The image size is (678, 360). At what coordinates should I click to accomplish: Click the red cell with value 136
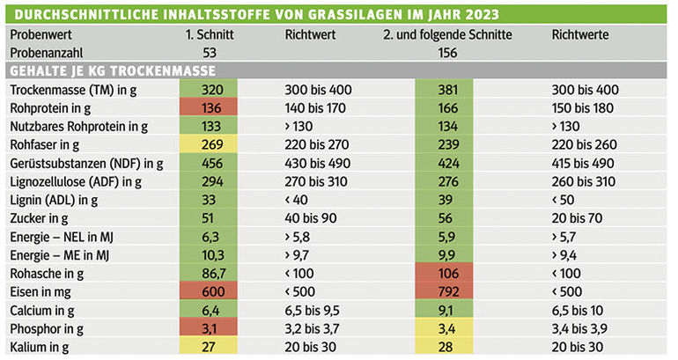coord(211,108)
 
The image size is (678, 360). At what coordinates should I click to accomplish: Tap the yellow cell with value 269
coord(211,144)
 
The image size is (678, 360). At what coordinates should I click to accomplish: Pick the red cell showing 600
coord(211,292)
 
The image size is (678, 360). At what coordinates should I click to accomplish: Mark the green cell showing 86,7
coord(211,274)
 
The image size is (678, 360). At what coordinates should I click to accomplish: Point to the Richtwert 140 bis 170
coord(320,108)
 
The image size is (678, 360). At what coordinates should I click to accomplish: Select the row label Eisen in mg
coord(40,292)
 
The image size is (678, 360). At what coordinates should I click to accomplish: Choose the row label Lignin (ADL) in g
coord(55,200)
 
